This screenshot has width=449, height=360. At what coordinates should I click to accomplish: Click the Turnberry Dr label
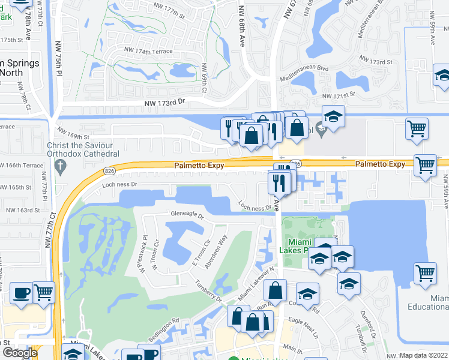(x=208, y=292)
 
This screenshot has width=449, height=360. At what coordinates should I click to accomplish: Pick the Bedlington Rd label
(x=164, y=330)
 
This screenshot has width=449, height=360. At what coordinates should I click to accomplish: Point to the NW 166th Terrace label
(x=22, y=166)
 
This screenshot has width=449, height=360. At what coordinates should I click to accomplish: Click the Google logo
(x=20, y=353)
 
